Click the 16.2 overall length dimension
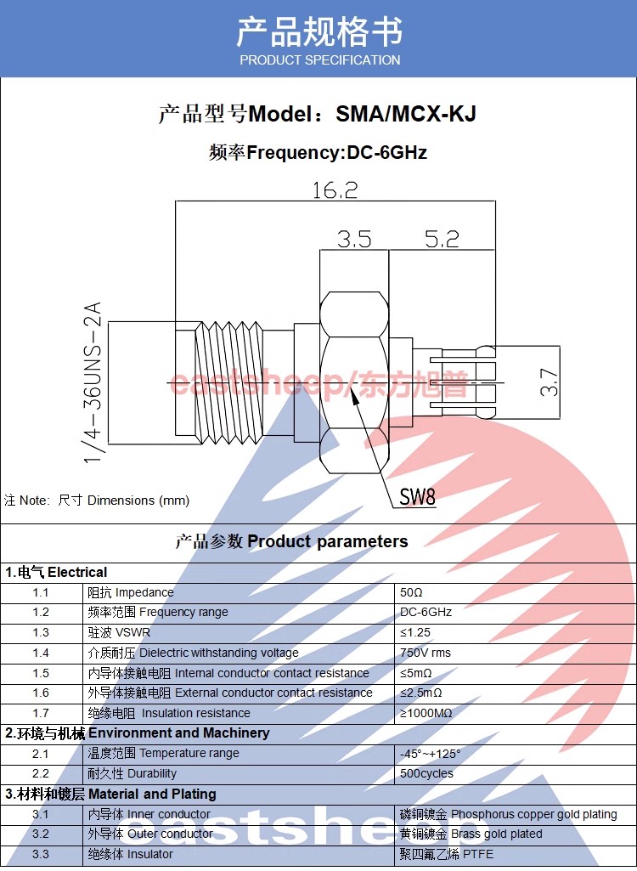[335, 190]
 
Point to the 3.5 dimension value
[354, 240]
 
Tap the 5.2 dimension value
[442, 240]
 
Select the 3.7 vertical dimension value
[550, 382]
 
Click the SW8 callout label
[418, 496]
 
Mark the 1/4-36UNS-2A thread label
[93, 382]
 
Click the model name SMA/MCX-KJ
[406, 114]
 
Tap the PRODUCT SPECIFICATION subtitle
[320, 60]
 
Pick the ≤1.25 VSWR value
[415, 633]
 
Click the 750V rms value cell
[426, 653]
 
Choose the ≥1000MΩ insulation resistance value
[426, 713]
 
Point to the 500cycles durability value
[426, 774]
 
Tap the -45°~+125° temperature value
[431, 754]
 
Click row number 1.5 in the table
[41, 673]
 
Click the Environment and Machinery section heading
[179, 733]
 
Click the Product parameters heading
[328, 541]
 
